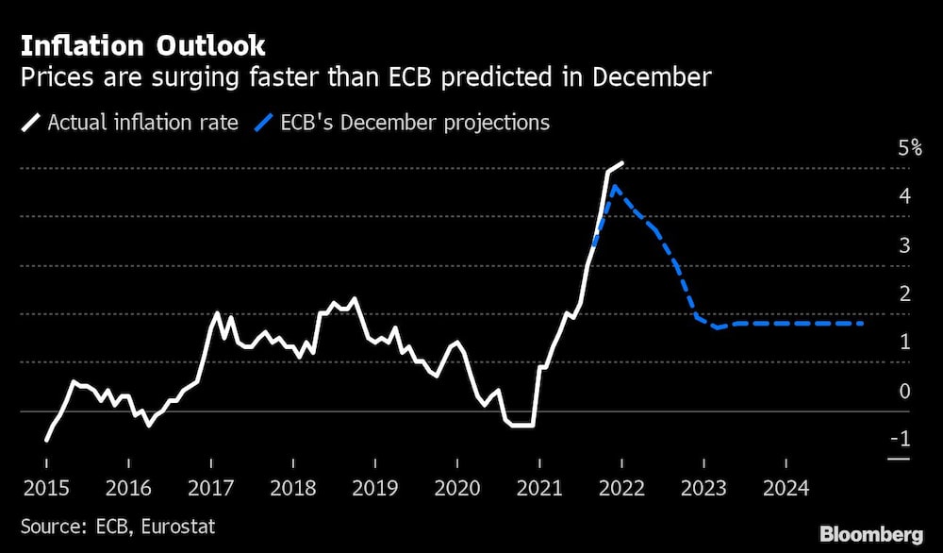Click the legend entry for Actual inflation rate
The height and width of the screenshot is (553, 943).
click(x=141, y=122)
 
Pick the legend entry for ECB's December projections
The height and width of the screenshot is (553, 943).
click(x=414, y=122)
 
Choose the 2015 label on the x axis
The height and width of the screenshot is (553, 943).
click(x=45, y=488)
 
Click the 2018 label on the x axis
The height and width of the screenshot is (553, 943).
click(x=292, y=488)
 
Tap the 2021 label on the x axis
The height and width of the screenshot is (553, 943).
click(x=539, y=488)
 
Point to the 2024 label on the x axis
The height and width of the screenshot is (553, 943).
click(x=786, y=488)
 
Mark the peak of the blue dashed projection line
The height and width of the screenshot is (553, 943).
click(x=615, y=186)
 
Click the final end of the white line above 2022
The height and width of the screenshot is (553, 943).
click(x=622, y=162)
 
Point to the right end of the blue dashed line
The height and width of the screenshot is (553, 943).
click(x=863, y=324)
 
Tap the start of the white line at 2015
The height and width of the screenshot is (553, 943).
click(x=46, y=440)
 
